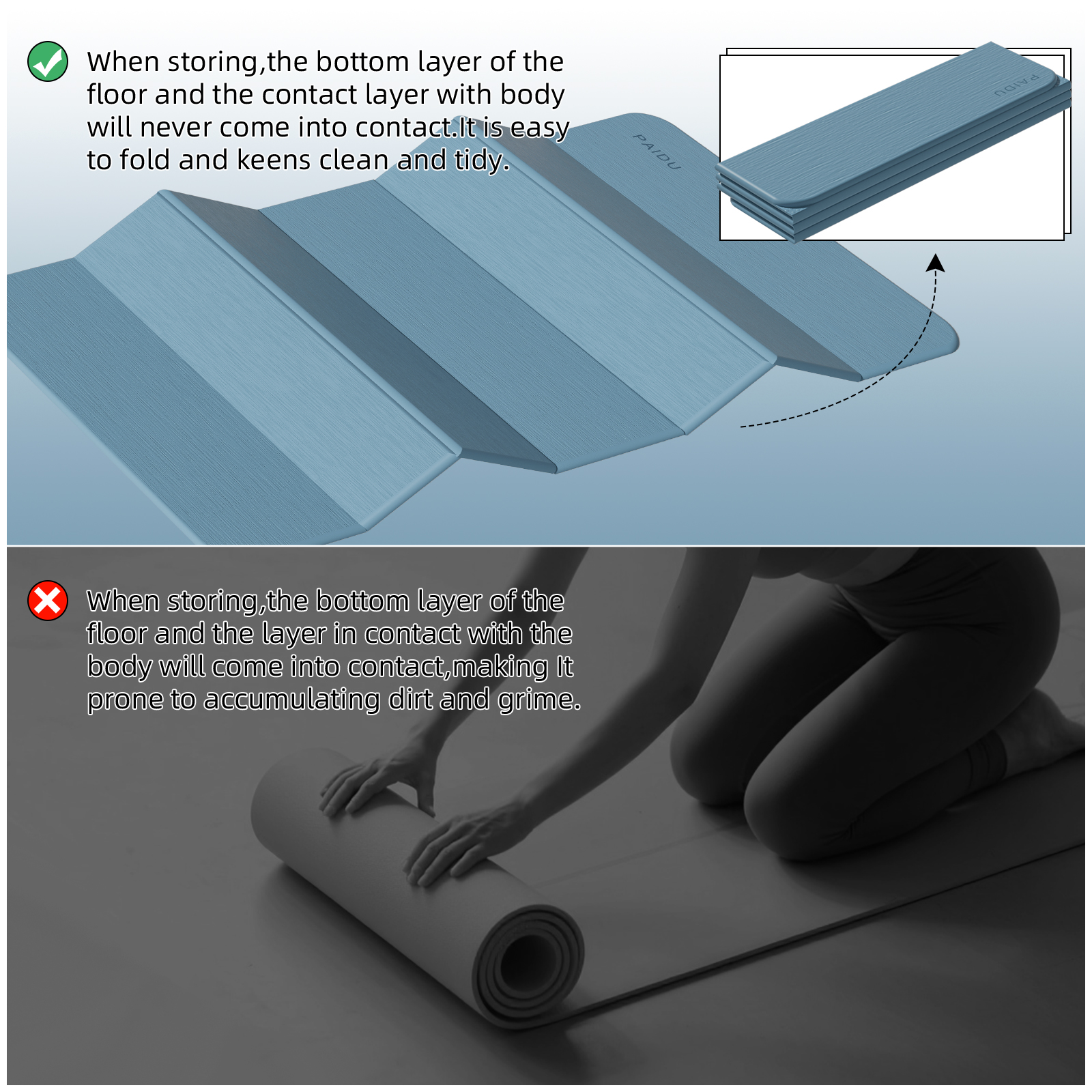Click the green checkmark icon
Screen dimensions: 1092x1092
(x=47, y=61)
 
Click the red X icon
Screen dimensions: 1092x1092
(x=47, y=601)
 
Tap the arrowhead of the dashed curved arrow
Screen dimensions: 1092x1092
(x=936, y=263)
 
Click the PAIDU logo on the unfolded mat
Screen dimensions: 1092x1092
(x=657, y=152)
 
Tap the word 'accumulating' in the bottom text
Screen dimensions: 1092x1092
(x=291, y=700)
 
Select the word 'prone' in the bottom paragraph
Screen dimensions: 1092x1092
(x=125, y=700)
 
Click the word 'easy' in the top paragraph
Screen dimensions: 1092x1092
(x=539, y=128)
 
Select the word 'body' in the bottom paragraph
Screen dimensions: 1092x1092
(x=119, y=667)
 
